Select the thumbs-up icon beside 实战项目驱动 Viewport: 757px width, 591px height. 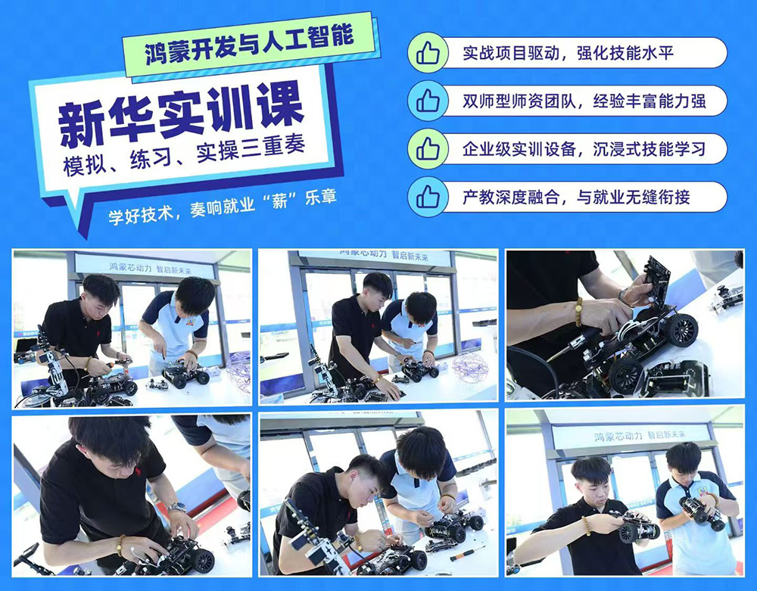(x=427, y=53)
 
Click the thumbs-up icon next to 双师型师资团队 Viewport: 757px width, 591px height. (x=427, y=101)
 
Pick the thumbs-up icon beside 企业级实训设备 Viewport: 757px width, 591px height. (x=427, y=148)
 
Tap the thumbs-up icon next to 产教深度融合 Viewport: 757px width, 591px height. (x=427, y=197)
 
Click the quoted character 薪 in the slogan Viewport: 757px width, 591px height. (x=279, y=201)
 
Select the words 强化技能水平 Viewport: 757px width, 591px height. (x=625, y=53)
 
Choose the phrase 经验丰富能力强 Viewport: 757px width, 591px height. (x=650, y=101)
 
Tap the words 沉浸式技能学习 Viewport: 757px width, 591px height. (x=650, y=149)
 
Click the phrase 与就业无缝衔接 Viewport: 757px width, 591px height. (x=633, y=197)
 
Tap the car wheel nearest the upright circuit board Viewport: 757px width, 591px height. (x=681, y=329)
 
